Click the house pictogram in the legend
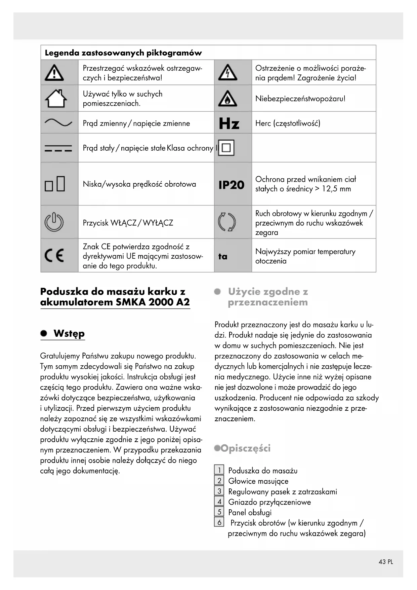[x=56, y=98]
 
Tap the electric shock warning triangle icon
[x=227, y=73]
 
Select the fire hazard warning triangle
[x=227, y=99]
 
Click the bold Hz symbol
[x=229, y=123]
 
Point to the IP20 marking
[x=231, y=185]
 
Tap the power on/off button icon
[x=54, y=222]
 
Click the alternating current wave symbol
[x=58, y=123]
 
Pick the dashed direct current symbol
[x=58, y=148]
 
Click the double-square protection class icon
[x=226, y=148]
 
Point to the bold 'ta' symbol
[x=223, y=256]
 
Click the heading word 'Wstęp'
[x=69, y=334]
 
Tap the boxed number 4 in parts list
[x=219, y=502]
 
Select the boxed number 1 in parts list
[x=219, y=470]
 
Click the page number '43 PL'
[x=385, y=562]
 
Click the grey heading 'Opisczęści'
[x=246, y=448]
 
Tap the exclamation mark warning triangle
[x=54, y=73]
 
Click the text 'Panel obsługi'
[x=250, y=512]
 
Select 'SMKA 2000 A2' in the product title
[x=153, y=302]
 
